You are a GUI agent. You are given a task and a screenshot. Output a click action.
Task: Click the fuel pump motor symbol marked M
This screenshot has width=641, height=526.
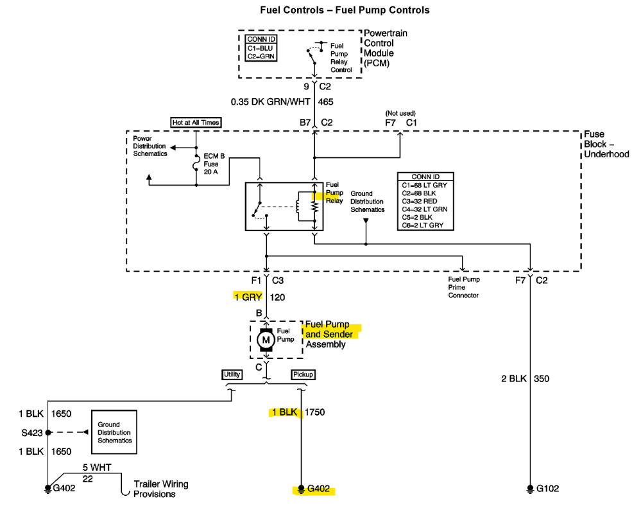[x=266, y=340]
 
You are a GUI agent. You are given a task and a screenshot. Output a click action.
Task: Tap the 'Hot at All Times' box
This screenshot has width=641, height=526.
[x=196, y=123]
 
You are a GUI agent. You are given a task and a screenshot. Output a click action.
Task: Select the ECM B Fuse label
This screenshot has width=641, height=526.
[x=214, y=164]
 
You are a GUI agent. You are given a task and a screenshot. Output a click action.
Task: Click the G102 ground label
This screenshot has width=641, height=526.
[x=547, y=488]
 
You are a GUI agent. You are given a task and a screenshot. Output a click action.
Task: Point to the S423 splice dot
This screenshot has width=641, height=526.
[x=48, y=432]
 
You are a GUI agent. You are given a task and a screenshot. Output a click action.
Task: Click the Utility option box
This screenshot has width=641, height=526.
[x=232, y=374]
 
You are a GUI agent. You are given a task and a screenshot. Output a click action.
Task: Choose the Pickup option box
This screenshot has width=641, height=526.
[x=303, y=374]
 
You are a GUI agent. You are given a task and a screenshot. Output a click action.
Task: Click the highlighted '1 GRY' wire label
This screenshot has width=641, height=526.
[x=248, y=297]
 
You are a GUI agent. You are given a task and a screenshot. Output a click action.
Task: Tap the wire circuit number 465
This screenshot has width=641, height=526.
[x=326, y=101]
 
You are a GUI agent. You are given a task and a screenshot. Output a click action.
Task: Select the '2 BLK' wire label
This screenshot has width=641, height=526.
[x=514, y=379]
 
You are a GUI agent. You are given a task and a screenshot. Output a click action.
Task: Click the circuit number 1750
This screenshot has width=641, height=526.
[x=315, y=412]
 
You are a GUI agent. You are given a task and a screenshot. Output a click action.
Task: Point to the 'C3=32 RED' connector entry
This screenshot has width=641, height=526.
[x=420, y=201]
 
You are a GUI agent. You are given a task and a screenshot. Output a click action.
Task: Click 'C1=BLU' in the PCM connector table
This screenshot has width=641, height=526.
[x=260, y=48]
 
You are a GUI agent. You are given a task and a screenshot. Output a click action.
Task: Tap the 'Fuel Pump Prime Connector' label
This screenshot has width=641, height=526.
[x=463, y=287]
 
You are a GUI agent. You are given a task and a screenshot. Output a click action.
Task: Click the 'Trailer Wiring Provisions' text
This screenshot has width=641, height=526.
[x=160, y=489]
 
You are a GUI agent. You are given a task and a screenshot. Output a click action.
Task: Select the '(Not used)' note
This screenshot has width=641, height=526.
[x=400, y=113]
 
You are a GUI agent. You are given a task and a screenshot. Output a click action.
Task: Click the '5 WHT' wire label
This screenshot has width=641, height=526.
[x=97, y=468]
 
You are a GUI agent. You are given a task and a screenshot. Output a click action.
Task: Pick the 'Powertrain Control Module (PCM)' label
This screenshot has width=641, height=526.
[x=385, y=48]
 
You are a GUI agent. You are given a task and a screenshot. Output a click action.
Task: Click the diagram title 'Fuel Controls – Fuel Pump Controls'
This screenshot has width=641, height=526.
[x=345, y=10]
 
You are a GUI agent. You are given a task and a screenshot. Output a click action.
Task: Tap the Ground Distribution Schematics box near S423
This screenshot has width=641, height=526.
[x=114, y=432]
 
